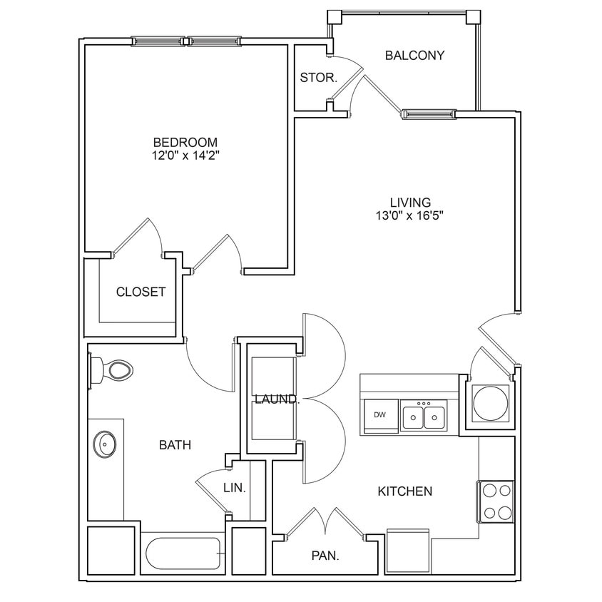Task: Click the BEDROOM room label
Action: point(185,142)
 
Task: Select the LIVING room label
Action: point(410,202)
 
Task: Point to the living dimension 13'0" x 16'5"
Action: point(410,215)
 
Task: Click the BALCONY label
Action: point(414,56)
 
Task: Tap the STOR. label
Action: point(318,78)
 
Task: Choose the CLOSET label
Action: point(141,292)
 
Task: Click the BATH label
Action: point(175,445)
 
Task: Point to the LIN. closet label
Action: point(235,489)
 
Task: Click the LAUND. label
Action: point(277,399)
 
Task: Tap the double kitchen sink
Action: point(424,415)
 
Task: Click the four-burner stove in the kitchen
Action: point(496,501)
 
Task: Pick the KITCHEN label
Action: point(404,491)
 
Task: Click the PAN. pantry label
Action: point(325,555)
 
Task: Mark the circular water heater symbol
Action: point(491,403)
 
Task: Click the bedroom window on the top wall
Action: point(187,41)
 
